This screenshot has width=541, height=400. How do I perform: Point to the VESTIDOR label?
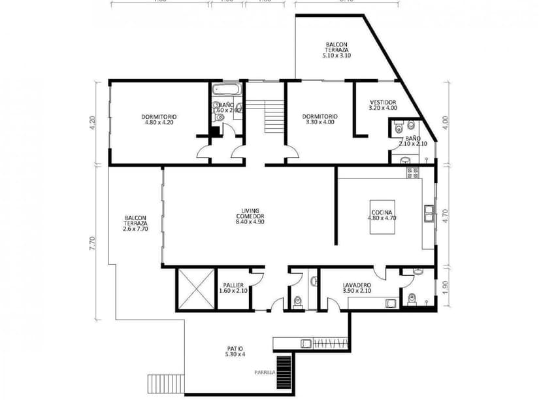coord(383,105)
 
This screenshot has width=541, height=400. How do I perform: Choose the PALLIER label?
coord(233,288)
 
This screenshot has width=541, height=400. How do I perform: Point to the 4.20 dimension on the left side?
coord(92,121)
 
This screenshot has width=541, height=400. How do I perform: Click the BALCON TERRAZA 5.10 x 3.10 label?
coord(336,50)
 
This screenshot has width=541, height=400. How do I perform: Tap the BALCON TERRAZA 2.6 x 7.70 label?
coord(135,224)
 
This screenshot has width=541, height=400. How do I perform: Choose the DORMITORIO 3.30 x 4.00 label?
coord(320,119)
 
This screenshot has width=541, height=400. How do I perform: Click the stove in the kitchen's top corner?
coord(412,173)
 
